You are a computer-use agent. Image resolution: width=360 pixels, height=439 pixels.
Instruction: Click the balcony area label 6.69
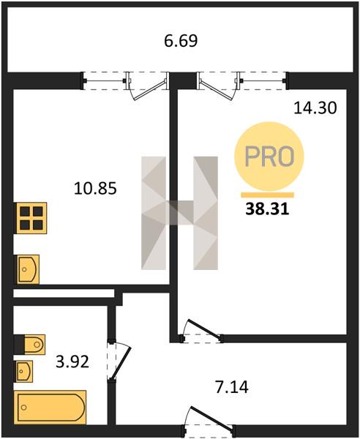coord(181,41)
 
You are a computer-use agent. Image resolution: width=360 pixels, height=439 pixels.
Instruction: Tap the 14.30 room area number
coord(315,108)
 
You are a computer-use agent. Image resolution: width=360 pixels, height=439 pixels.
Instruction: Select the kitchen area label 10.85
coord(95,188)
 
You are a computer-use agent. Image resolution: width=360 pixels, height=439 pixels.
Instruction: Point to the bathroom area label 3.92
coord(72,361)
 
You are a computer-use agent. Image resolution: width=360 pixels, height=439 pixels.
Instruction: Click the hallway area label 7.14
coord(232,388)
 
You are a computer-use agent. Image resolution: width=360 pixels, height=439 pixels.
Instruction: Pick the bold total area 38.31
coord(267,209)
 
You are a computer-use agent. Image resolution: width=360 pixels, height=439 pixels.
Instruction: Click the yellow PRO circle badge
coord(269,157)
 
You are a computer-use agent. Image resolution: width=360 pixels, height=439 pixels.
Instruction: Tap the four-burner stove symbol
coord(31,218)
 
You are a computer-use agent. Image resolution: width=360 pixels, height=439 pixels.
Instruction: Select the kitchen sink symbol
coord(27,269)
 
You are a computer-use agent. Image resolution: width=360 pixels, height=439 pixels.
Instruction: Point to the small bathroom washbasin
coord(23,371)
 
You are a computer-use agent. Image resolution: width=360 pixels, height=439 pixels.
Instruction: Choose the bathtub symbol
coord(50,408)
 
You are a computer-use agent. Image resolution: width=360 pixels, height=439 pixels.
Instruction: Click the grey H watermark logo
coord(179,213)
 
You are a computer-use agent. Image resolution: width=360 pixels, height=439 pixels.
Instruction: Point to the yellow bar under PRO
coord(268,195)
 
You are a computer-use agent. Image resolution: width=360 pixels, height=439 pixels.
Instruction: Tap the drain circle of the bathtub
coord(24,408)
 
